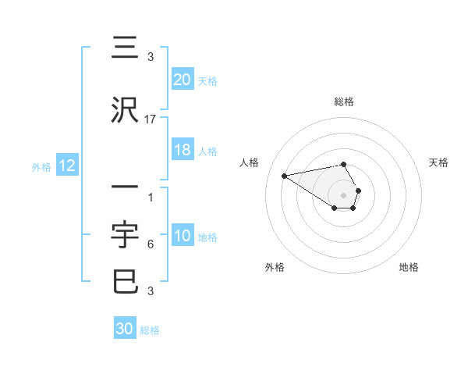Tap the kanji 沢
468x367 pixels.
[x=126, y=111]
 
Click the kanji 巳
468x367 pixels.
[x=126, y=282]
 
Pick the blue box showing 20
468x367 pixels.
[x=183, y=80]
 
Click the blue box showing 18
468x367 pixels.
[x=183, y=151]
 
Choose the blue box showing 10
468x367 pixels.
[x=183, y=237]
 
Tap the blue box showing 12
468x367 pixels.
[x=67, y=166]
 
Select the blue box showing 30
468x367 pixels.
[x=125, y=329]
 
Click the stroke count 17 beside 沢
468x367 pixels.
[x=151, y=119]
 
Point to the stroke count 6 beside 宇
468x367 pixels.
[x=151, y=244]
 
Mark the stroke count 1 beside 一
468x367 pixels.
[x=151, y=198]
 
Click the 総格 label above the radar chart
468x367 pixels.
[x=344, y=102]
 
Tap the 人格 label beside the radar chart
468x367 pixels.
[x=250, y=162]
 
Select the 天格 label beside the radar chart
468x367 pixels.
[x=439, y=162]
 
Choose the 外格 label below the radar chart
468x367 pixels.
[x=275, y=267]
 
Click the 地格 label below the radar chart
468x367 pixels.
[x=409, y=267]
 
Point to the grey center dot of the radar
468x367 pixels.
[x=344, y=194]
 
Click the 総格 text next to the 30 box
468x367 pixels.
[x=150, y=330]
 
